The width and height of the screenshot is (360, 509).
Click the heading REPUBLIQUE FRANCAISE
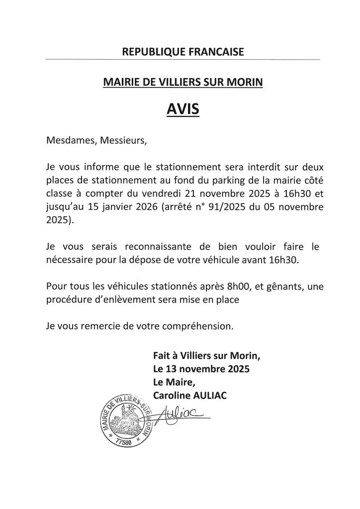(182, 51)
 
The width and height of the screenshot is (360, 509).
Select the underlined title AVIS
(182, 108)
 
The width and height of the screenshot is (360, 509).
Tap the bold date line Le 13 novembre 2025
(201, 369)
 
